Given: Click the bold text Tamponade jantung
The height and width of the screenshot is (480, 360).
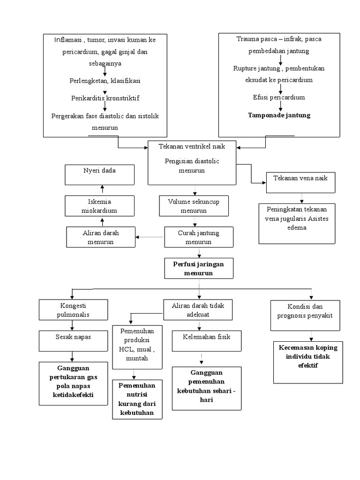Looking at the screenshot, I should pos(279,115).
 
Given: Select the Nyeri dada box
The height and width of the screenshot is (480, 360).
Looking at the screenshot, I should pos(99,174).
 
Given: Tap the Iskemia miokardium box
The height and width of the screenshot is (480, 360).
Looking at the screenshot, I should pos(99,206).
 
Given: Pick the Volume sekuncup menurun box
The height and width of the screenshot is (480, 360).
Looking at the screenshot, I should pos(194,206).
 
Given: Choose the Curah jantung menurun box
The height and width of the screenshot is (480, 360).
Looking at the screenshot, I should pos(198,237).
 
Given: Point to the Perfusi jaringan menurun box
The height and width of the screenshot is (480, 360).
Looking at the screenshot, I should pos(198,269).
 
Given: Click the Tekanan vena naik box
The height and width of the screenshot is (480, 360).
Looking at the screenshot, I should pos(300,182).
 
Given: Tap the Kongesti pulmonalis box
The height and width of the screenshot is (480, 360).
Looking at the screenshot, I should pos(73,310).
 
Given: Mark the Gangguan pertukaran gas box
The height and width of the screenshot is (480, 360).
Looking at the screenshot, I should pos(73,382).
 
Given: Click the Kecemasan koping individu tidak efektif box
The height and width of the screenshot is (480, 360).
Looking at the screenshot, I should pos(308,357).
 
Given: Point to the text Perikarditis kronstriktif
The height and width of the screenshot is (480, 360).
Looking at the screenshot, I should pos(105,98).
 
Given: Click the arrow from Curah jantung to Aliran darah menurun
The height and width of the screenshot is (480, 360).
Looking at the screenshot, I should pos(150,237).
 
